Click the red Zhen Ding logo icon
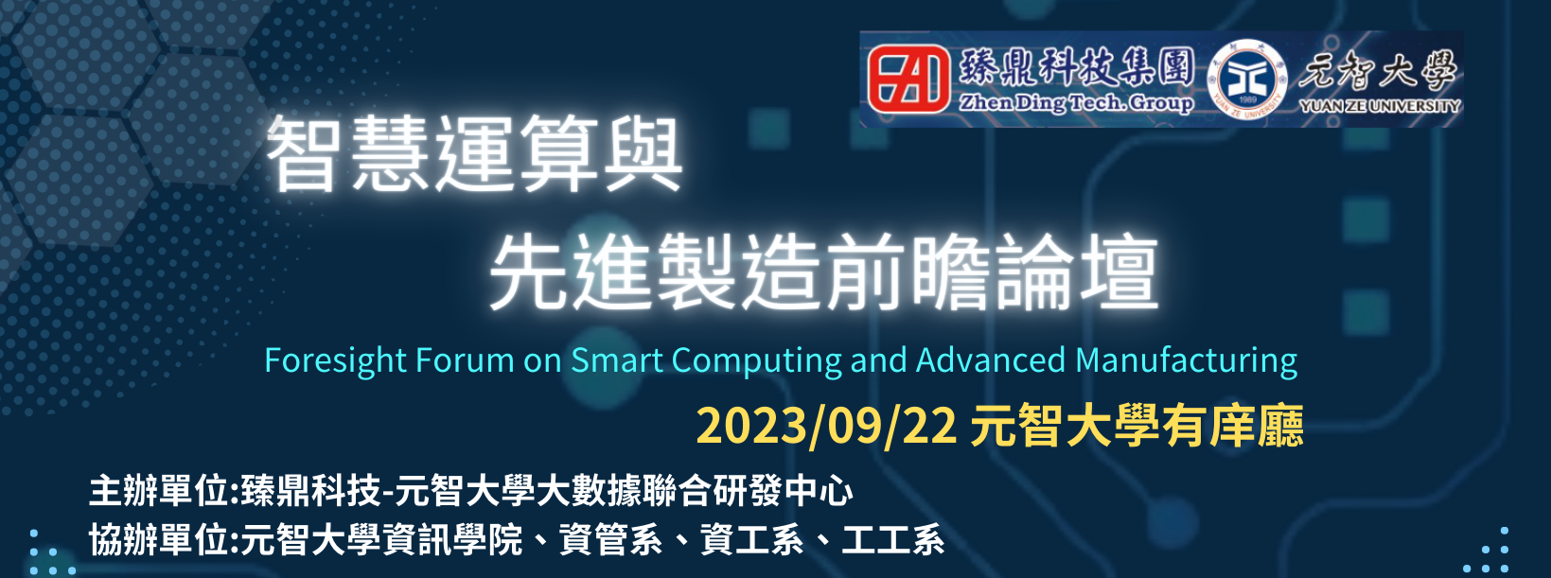click(908, 79)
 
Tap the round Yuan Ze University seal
click(1246, 79)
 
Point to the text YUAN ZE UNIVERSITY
click(1380, 106)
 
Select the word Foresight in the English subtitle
click(335, 361)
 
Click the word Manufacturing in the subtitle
click(1186, 361)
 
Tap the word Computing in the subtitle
click(756, 361)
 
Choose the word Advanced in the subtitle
click(990, 360)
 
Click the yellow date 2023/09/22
click(827, 425)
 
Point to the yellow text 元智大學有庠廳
click(1137, 425)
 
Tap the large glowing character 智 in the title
click(303, 153)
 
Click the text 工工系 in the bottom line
click(893, 539)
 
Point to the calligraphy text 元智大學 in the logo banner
click(1378, 70)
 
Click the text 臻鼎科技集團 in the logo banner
click(1077, 68)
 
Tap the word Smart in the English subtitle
click(616, 360)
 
